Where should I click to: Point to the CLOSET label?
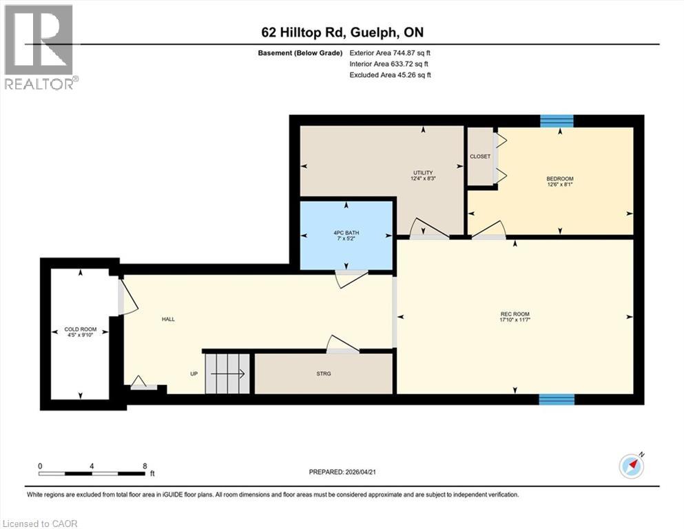tap(480, 156)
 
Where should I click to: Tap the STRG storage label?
tap(324, 373)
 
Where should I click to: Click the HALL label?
tap(168, 319)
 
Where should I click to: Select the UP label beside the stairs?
tap(195, 374)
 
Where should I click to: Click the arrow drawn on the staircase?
tap(227, 374)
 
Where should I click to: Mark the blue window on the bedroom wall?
tap(557, 121)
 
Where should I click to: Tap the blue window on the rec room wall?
tap(557, 399)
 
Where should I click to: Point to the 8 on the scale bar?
tap(145, 466)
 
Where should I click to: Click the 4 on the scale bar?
tap(92, 466)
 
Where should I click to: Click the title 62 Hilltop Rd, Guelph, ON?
tap(342, 32)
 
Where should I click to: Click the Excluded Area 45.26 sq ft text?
tap(391, 74)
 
